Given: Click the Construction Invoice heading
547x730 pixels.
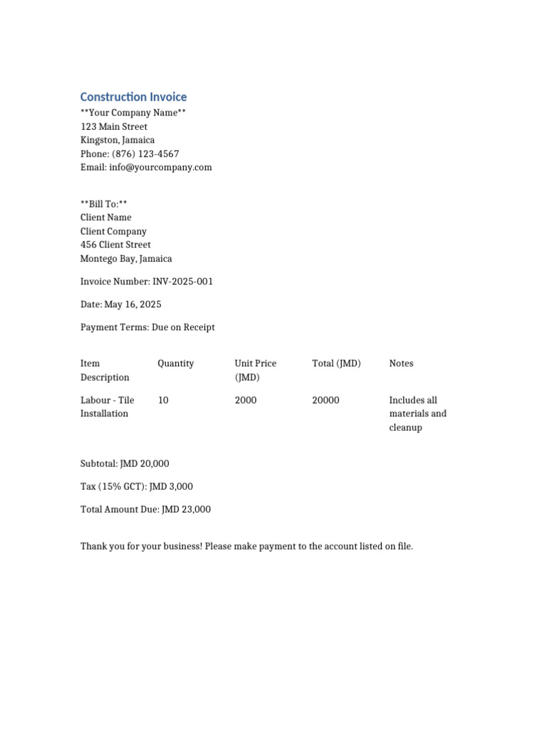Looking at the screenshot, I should pyautogui.click(x=133, y=97).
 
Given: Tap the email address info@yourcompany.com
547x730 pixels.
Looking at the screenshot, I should pyautogui.click(x=160, y=168).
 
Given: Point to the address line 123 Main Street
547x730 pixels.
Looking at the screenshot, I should pyautogui.click(x=114, y=127).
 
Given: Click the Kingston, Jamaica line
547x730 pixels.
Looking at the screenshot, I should pyautogui.click(x=118, y=140).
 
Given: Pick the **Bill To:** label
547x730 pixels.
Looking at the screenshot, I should pyautogui.click(x=104, y=204).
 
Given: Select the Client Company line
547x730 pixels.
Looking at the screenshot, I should pyautogui.click(x=113, y=232).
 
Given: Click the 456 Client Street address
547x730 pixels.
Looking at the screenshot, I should pyautogui.click(x=115, y=245).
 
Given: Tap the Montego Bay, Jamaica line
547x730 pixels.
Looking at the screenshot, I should pyautogui.click(x=126, y=259).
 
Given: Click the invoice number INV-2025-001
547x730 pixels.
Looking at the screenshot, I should pyautogui.click(x=182, y=282).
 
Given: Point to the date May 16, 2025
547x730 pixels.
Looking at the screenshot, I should pyautogui.click(x=132, y=304).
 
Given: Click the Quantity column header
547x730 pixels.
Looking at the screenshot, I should pyautogui.click(x=175, y=364).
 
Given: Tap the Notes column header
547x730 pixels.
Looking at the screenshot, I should pyautogui.click(x=401, y=364).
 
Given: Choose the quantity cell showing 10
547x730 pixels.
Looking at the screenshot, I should pyautogui.click(x=163, y=401).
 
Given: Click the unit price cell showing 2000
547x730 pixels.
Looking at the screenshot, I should pyautogui.click(x=246, y=401).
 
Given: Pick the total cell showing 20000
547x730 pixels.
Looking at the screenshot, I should pyautogui.click(x=325, y=401).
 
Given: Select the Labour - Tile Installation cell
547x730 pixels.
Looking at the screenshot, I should pyautogui.click(x=107, y=407).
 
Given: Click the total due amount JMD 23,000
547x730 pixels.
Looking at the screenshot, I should pyautogui.click(x=186, y=510).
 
